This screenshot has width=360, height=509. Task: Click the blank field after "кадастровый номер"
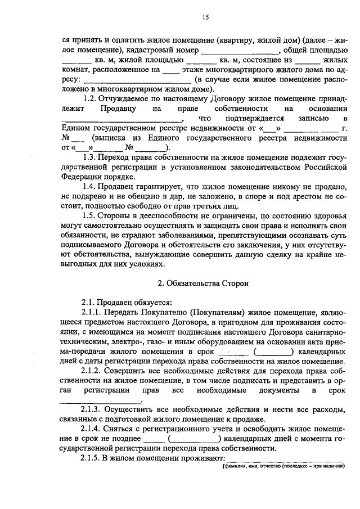(223, 51)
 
